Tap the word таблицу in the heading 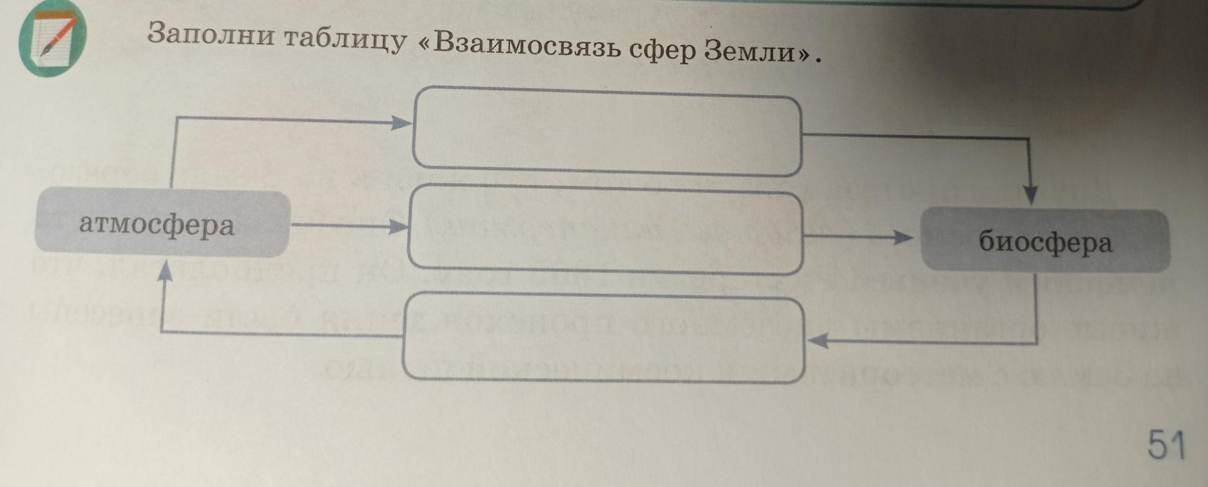point(345,40)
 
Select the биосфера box point(1045,241)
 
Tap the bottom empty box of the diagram point(605,339)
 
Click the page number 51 point(1166,445)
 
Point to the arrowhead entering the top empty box point(401,123)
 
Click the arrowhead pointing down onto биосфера point(1030,195)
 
